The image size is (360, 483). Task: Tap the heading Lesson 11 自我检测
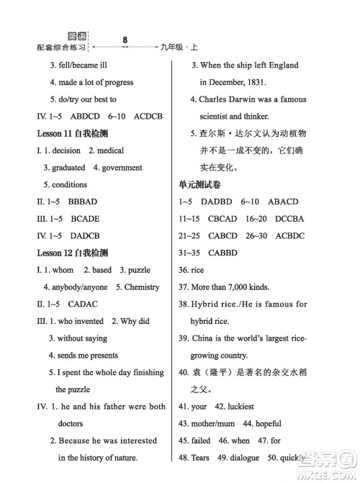(73, 133)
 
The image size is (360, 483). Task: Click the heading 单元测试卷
(199, 185)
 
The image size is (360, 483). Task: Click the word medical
(109, 150)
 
